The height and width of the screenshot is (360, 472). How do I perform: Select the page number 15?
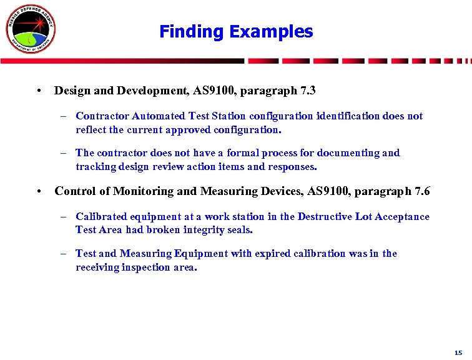click(x=458, y=352)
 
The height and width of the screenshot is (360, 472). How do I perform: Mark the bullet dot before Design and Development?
click(x=39, y=91)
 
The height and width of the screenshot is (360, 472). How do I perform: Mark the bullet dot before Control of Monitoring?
click(x=39, y=191)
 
